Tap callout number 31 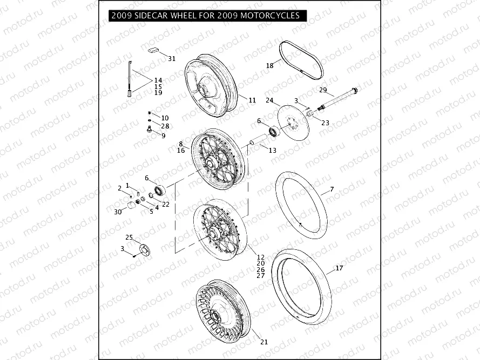click(172, 58)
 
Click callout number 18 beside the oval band click(269, 65)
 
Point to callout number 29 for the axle click(323, 90)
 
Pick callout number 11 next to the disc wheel click(252, 100)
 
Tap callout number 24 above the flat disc click(269, 100)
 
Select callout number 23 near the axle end click(325, 123)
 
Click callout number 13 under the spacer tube click(272, 150)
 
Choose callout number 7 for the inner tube click(332, 189)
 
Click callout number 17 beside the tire click(339, 268)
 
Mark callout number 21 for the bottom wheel click(263, 342)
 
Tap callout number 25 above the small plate click(129, 237)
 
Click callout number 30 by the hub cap click(118, 212)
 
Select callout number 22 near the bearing click(166, 204)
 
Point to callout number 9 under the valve click(163, 135)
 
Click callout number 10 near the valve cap click(165, 118)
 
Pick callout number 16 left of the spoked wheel click(181, 151)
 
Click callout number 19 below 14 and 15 click(158, 93)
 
